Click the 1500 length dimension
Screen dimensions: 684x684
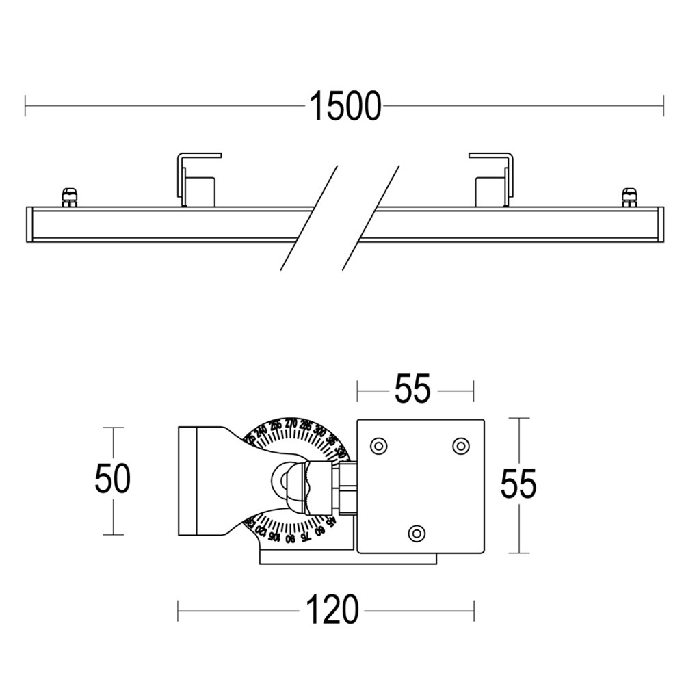click(x=345, y=106)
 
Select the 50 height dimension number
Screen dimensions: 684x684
click(x=112, y=479)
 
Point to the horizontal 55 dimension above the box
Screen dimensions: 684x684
click(x=412, y=390)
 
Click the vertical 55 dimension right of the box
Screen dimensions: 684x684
click(x=518, y=484)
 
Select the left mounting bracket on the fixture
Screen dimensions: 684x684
click(x=198, y=179)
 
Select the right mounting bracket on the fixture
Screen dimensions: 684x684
click(x=492, y=179)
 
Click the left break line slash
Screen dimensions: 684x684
click(x=309, y=218)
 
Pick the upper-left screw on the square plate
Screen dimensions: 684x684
click(x=377, y=446)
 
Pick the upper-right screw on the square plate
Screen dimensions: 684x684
click(x=461, y=446)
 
